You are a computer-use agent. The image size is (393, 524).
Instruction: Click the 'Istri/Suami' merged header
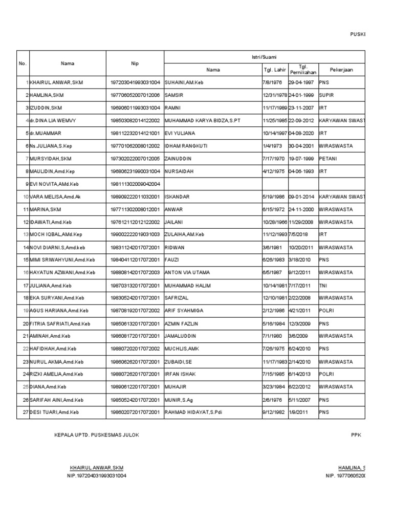(x=264, y=56)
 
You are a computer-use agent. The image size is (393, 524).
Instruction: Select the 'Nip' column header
(x=135, y=63)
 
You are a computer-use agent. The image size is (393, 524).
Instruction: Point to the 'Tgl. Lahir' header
(x=275, y=70)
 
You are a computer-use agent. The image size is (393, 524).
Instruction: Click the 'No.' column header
(x=23, y=63)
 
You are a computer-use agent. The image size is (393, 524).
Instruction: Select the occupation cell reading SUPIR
(x=326, y=95)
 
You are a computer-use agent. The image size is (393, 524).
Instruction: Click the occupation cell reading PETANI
(x=329, y=158)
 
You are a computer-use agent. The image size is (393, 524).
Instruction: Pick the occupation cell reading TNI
(x=323, y=285)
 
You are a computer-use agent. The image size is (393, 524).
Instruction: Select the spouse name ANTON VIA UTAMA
(x=187, y=272)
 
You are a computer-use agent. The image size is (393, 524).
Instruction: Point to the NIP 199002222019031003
(x=135, y=234)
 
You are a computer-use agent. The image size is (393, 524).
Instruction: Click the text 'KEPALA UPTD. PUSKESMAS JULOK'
(x=96, y=435)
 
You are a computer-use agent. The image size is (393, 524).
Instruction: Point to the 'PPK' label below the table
(x=356, y=435)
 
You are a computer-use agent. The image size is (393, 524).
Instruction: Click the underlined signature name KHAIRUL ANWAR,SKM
(x=96, y=468)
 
